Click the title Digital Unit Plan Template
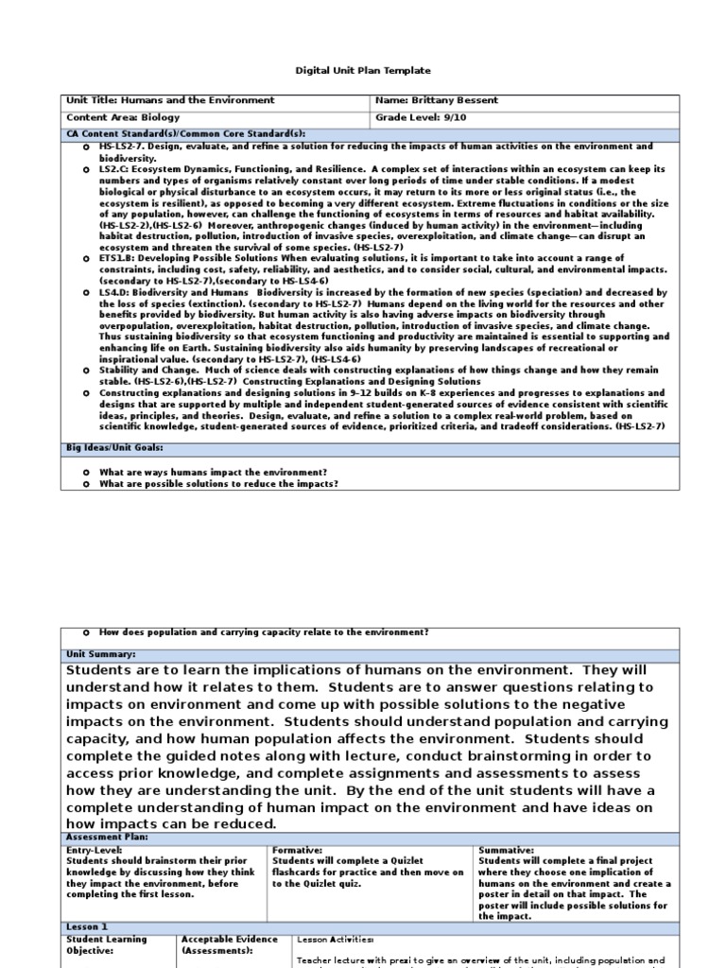(x=363, y=70)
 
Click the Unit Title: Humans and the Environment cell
(x=170, y=100)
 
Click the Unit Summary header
(x=101, y=654)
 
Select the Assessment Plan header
(x=107, y=837)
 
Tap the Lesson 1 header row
(x=87, y=927)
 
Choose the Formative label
(x=298, y=850)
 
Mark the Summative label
(x=507, y=850)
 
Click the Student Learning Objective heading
(x=106, y=945)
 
